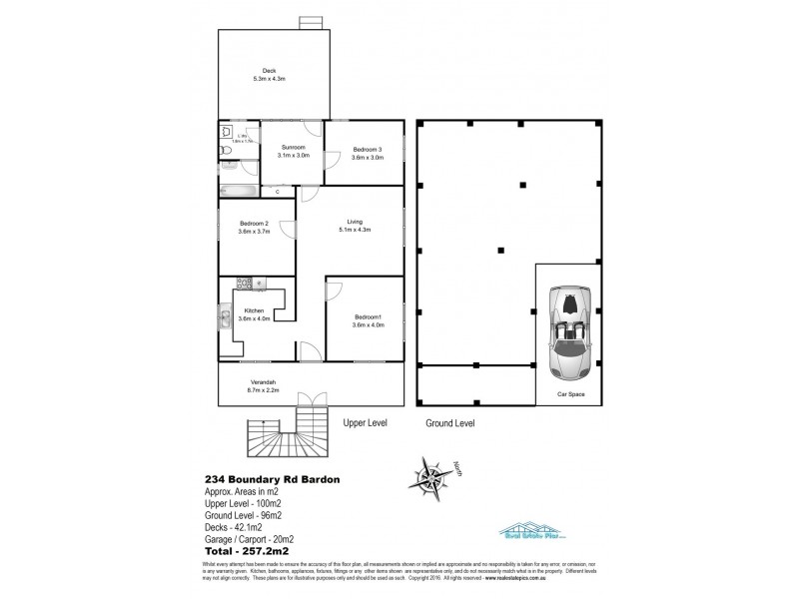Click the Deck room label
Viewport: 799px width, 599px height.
[x=270, y=69]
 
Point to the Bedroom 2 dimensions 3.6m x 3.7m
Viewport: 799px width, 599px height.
[x=256, y=232]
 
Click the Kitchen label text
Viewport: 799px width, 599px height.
[x=255, y=310]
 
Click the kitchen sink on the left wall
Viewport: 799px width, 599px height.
[x=224, y=320]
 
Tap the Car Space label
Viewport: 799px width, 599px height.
[x=570, y=393]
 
